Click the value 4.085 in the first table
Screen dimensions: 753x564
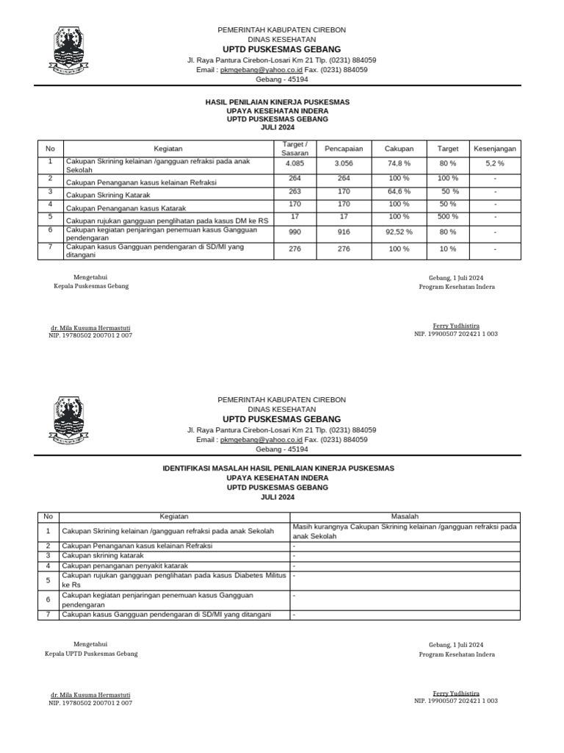pos(294,163)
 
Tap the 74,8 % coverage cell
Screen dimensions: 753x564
pos(399,163)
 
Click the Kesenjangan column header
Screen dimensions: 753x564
pos(494,149)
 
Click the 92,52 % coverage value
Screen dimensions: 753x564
pos(399,232)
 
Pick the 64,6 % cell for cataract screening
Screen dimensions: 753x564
pos(399,191)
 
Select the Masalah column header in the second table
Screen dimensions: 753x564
pos(405,516)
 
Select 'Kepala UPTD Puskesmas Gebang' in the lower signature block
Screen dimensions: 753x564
pos(91,653)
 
